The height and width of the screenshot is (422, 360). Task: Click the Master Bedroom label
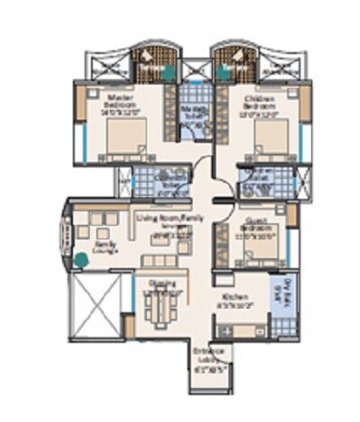click(x=119, y=101)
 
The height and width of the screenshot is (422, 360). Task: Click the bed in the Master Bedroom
click(x=126, y=138)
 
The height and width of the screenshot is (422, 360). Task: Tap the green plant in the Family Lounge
click(x=82, y=260)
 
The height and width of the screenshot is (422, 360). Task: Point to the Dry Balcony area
click(x=288, y=295)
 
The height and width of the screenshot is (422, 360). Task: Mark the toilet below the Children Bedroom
click(x=262, y=181)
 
